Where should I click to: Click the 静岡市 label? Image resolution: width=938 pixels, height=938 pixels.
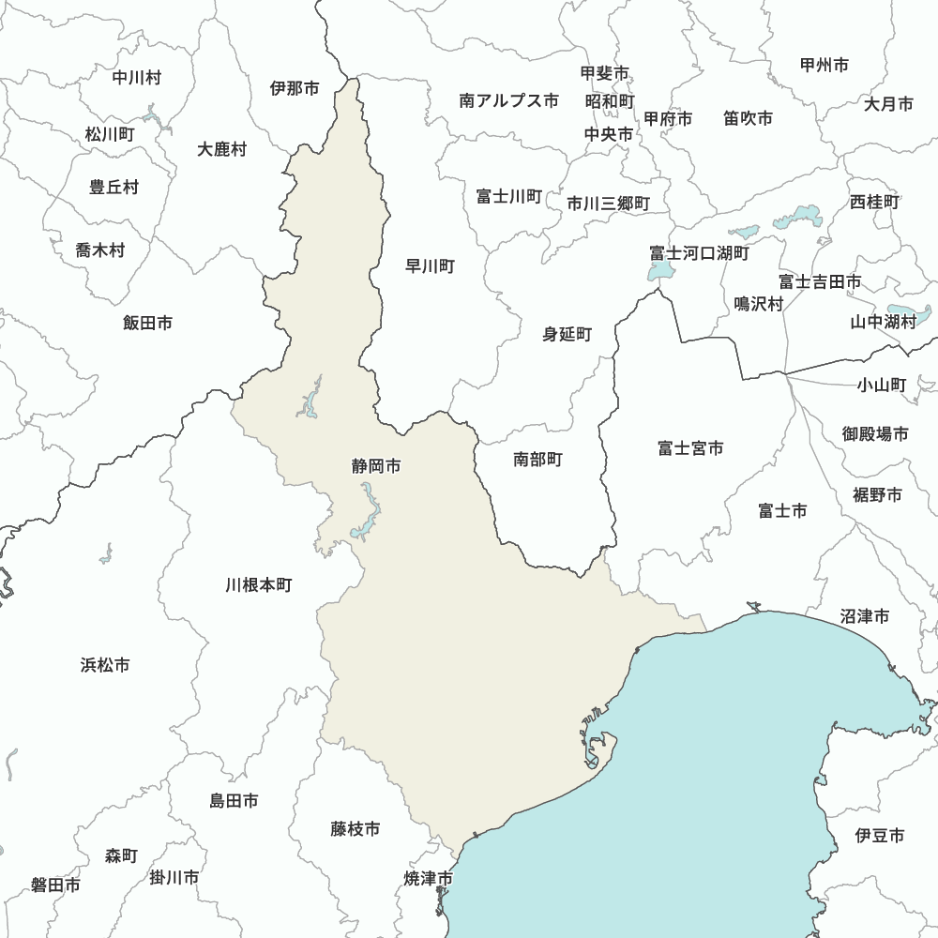point(376,465)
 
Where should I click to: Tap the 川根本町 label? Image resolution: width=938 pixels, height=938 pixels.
point(259,585)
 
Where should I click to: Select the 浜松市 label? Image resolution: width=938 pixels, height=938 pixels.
point(105,666)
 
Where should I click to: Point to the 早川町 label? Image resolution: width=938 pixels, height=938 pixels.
point(430,266)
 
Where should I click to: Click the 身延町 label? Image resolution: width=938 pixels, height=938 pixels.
point(567,334)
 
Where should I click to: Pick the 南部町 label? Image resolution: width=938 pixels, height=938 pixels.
point(538,460)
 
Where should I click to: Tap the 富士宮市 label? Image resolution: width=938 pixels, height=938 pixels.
point(690,448)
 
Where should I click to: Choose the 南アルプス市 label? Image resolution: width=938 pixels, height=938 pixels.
point(509,100)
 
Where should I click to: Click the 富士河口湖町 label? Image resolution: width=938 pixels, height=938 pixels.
point(700,253)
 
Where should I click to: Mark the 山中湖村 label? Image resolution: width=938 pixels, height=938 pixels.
point(883,322)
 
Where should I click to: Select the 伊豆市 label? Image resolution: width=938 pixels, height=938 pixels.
point(880,835)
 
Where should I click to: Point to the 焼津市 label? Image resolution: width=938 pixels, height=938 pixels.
point(429,879)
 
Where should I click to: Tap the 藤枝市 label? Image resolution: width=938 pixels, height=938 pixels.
point(356,829)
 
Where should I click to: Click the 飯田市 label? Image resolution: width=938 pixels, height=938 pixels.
point(147,323)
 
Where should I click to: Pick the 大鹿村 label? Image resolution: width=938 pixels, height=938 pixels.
point(222,149)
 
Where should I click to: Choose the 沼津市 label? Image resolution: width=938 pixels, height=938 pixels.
point(865,616)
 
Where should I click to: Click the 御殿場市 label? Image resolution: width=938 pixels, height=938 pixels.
point(875,434)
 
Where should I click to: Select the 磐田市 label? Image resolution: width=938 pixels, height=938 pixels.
point(55,885)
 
